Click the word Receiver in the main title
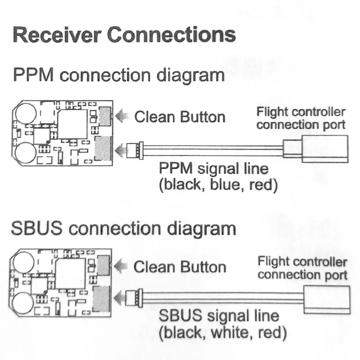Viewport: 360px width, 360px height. tap(57, 35)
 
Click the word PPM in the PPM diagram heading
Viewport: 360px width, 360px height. tap(33, 75)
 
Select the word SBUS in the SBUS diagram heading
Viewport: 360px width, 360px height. tap(37, 228)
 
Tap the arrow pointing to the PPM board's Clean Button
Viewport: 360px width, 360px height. tap(122, 116)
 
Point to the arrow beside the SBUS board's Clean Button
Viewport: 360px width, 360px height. tap(121, 266)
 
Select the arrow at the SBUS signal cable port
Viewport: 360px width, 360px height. tap(120, 298)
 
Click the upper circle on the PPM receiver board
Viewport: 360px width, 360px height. tap(26, 113)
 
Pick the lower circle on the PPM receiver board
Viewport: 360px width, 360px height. tap(26, 153)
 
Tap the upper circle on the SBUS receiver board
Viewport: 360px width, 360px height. tap(24, 262)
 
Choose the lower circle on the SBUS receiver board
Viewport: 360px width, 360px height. tap(23, 303)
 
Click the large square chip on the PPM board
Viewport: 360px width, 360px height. tap(72, 124)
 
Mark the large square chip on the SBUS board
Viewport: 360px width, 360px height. tap(71, 273)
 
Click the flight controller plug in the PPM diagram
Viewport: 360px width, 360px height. tap(316, 149)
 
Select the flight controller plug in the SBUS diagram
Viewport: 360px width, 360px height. tap(327, 300)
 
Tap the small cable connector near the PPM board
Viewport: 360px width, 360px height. tap(135, 150)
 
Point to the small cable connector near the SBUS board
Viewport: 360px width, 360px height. tap(134, 298)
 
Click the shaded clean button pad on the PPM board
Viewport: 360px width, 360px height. tap(105, 117)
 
